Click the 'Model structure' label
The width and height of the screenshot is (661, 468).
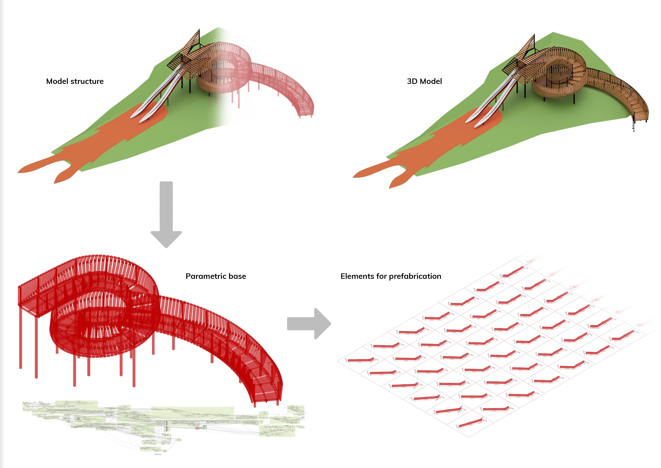tap(75, 81)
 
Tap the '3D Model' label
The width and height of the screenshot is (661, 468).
tap(424, 81)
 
